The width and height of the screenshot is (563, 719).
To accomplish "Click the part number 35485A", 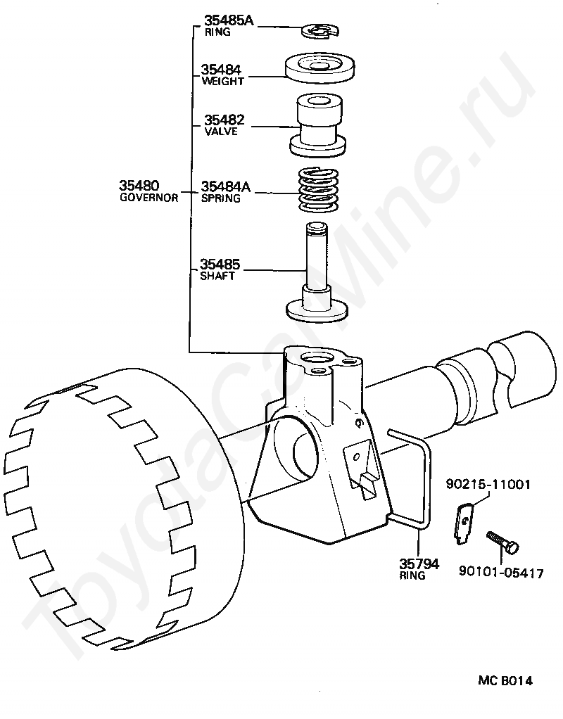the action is pyautogui.click(x=228, y=20).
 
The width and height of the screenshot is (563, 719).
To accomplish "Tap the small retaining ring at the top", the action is pyautogui.click(x=321, y=31).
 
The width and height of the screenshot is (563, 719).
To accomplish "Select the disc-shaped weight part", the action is pyautogui.click(x=320, y=68).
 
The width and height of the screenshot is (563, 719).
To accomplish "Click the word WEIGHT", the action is pyautogui.click(x=222, y=81).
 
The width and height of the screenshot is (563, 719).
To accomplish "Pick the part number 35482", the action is pyautogui.click(x=224, y=120).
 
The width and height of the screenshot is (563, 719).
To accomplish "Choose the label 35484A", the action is pyautogui.click(x=225, y=186).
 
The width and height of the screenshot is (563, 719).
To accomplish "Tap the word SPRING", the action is pyautogui.click(x=221, y=198).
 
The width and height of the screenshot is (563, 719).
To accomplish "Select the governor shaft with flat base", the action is pyautogui.click(x=317, y=272).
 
